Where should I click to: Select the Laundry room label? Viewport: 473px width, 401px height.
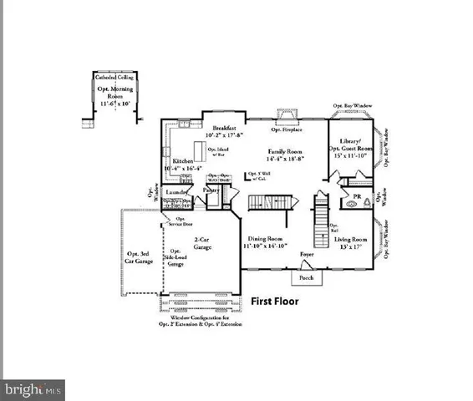coord(175,192)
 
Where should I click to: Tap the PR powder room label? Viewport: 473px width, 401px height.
coord(357,198)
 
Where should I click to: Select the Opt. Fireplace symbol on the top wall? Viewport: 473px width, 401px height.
coord(286,119)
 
